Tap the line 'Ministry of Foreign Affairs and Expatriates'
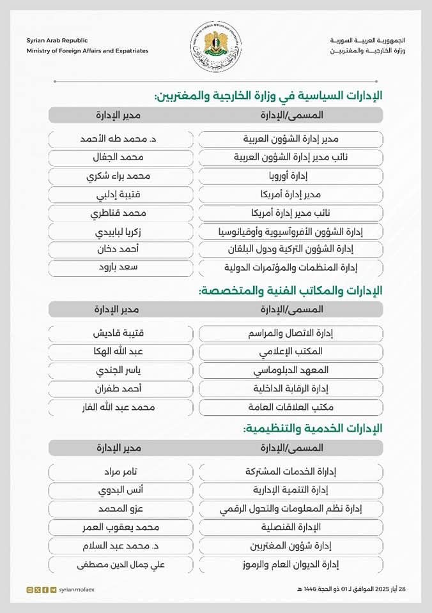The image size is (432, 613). pyautogui.click(x=88, y=50)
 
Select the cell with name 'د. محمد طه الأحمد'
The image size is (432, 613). pyautogui.click(x=121, y=139)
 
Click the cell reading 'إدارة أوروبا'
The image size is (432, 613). pyautogui.click(x=291, y=176)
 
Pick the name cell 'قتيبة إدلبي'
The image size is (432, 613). pyautogui.click(x=121, y=194)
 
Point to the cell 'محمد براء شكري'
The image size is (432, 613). pyautogui.click(x=121, y=176)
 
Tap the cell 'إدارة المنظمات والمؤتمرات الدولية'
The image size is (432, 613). pyautogui.click(x=291, y=268)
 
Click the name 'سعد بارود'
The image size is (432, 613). pyautogui.click(x=121, y=268)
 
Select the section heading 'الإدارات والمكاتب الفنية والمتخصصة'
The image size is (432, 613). pyautogui.click(x=291, y=291)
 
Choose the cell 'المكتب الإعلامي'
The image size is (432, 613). pyautogui.click(x=291, y=352)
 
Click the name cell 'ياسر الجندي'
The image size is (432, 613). pyautogui.click(x=121, y=370)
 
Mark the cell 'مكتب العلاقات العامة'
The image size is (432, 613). pyautogui.click(x=291, y=407)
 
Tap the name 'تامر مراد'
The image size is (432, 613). pyautogui.click(x=121, y=472)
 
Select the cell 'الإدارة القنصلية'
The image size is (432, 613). pyautogui.click(x=291, y=527)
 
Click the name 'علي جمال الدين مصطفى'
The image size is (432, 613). pyautogui.click(x=121, y=564)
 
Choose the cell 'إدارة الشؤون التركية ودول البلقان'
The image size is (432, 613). pyautogui.click(x=291, y=250)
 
